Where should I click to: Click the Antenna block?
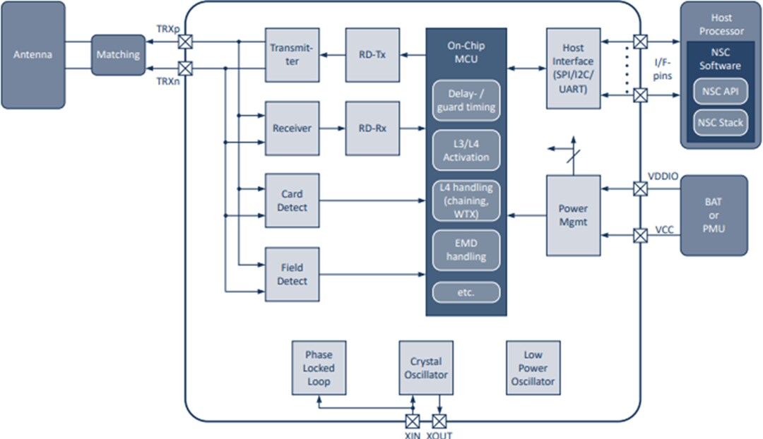pos(32,54)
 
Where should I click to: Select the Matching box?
pos(118,54)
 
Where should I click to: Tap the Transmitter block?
pos(292,54)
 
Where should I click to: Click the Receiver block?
pos(292,128)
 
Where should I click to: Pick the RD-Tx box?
pos(372,54)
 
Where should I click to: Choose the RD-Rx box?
pos(372,128)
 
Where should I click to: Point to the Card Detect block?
pos(292,201)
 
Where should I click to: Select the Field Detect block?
pos(292,275)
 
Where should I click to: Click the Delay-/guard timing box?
pos(466,100)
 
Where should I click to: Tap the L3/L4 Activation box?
pos(466,150)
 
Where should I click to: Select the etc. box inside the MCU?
pos(466,291)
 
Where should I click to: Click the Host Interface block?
pos(573,68)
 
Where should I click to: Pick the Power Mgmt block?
pos(573,215)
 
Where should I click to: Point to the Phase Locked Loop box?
pos(319,368)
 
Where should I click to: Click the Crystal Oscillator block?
pos(425,368)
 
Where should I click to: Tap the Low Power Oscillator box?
pos(533,368)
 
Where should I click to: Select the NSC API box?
pos(721,92)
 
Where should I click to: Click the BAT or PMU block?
pos(714,215)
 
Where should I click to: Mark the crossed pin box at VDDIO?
pos(640,188)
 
